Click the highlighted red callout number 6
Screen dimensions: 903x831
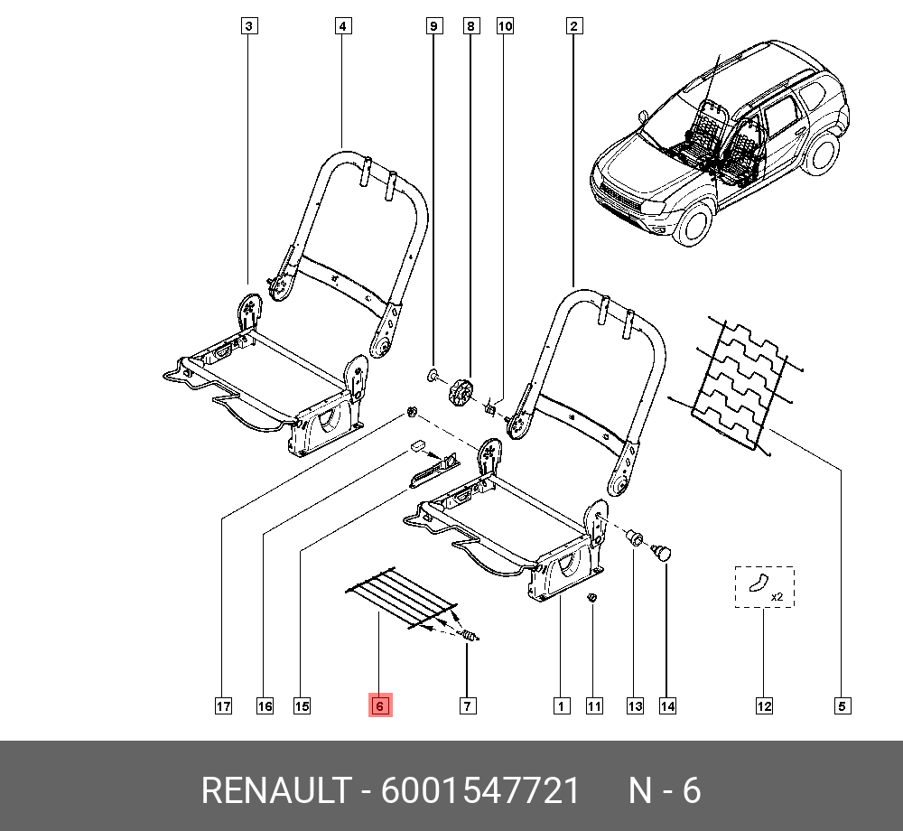click(x=380, y=705)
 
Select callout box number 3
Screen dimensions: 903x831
click(x=249, y=26)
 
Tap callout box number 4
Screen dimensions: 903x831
click(x=342, y=26)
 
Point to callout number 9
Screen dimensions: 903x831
click(x=434, y=26)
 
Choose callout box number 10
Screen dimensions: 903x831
click(x=505, y=26)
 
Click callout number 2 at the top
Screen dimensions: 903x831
click(x=573, y=26)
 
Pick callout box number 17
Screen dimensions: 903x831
click(x=223, y=706)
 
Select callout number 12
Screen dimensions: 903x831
click(x=764, y=706)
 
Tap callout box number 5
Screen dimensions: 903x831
click(x=842, y=706)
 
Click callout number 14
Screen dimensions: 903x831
click(x=667, y=706)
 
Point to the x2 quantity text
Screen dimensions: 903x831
click(x=777, y=597)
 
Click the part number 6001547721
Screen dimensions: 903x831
click(x=479, y=790)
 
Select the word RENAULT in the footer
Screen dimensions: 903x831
click(x=275, y=790)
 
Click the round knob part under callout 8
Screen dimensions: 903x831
click(x=461, y=392)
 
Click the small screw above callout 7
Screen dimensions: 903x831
click(x=470, y=635)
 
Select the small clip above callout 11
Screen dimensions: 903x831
click(x=592, y=598)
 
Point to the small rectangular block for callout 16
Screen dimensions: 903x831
click(x=417, y=445)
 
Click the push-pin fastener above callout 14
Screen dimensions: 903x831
click(x=661, y=552)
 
